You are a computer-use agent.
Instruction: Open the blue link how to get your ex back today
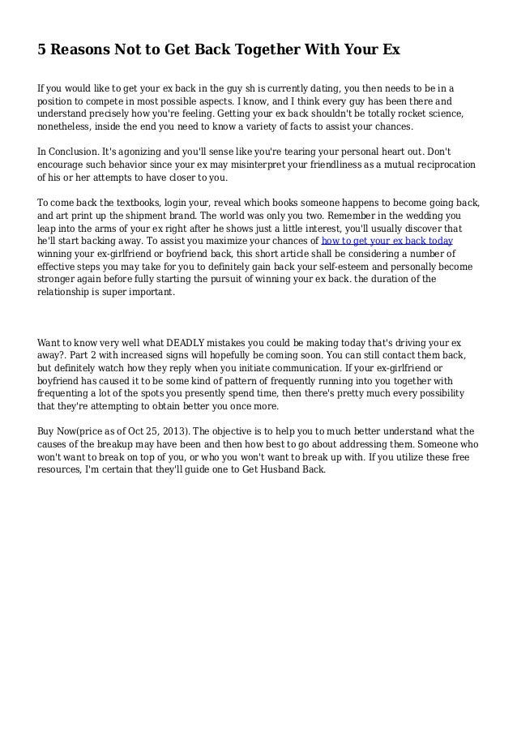[x=387, y=242]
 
